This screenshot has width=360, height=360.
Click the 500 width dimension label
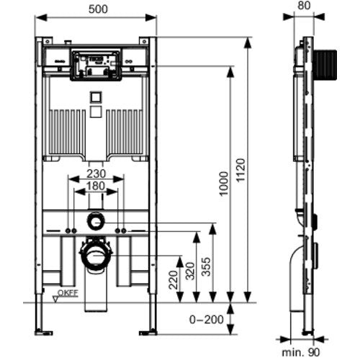[x=98, y=9]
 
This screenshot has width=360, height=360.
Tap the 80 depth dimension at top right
[x=304, y=6]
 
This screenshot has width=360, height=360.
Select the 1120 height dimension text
[x=240, y=171]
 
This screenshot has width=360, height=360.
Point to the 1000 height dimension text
[x=224, y=184]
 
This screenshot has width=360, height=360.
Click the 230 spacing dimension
[x=96, y=174]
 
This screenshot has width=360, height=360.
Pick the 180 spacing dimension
[x=96, y=186]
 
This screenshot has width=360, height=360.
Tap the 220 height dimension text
[x=174, y=280]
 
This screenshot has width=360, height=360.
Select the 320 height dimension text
[x=190, y=271]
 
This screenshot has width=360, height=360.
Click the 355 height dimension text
[x=206, y=266]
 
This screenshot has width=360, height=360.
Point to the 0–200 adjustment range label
[x=207, y=320]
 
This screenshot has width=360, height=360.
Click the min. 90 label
[x=301, y=352]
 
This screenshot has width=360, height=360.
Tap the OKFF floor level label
[x=68, y=293]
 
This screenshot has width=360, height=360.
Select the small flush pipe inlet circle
[x=96, y=221]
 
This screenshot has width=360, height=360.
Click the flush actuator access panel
[x=96, y=65]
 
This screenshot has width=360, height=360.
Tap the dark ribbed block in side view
[x=325, y=65]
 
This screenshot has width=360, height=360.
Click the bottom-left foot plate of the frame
[x=43, y=333]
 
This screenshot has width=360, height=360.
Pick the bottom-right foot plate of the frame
[x=148, y=333]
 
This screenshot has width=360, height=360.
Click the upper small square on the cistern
[x=96, y=97]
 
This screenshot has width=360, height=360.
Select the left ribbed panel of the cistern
[x=67, y=132]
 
